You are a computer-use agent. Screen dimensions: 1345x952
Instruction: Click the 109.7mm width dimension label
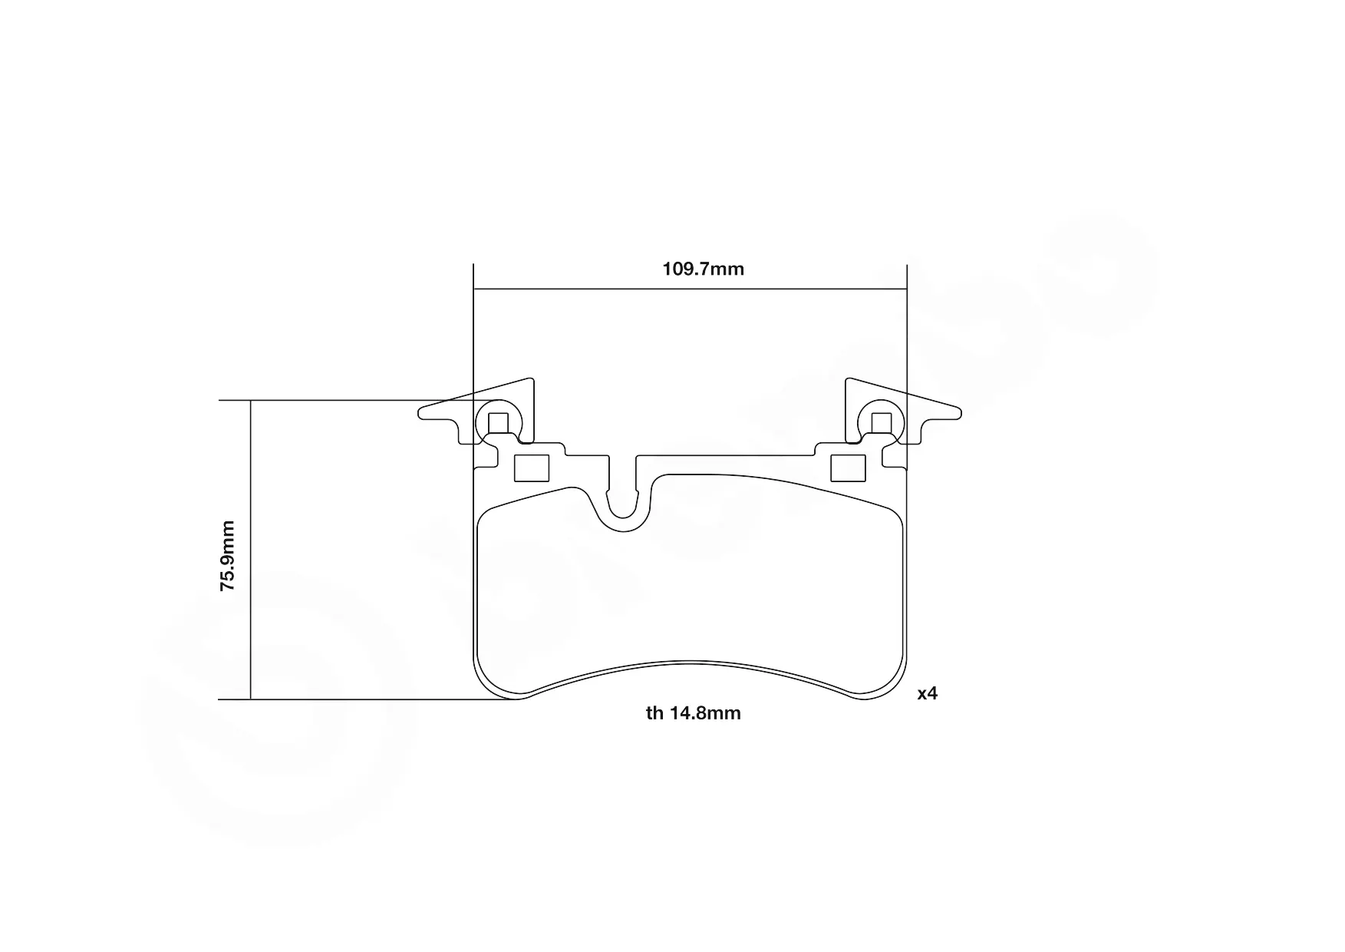(x=703, y=269)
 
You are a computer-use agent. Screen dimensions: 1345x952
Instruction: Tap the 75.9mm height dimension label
(x=228, y=555)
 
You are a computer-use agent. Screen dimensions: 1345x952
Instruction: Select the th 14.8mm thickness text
(x=694, y=713)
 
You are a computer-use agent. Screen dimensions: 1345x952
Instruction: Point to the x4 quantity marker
(x=928, y=693)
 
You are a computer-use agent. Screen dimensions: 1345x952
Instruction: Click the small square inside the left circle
(x=499, y=423)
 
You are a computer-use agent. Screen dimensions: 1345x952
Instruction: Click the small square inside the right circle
(x=882, y=423)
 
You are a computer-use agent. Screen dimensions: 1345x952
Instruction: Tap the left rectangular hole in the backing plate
(x=532, y=468)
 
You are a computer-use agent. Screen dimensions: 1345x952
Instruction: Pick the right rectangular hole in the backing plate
(x=849, y=468)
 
